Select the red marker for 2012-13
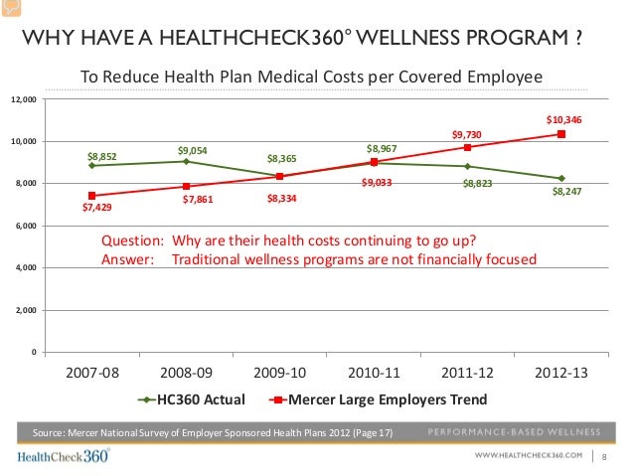[561, 134]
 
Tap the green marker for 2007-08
[91, 165]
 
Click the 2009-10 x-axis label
[280, 375]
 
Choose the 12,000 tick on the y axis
[23, 99]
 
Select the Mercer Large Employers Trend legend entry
[379, 400]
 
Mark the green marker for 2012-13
[561, 178]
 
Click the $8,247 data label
[566, 192]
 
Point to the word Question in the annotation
[133, 240]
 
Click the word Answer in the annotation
[128, 259]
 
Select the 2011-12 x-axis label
[467, 375]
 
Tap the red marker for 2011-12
[468, 147]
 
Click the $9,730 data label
[466, 133]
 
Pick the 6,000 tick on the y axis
[25, 226]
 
